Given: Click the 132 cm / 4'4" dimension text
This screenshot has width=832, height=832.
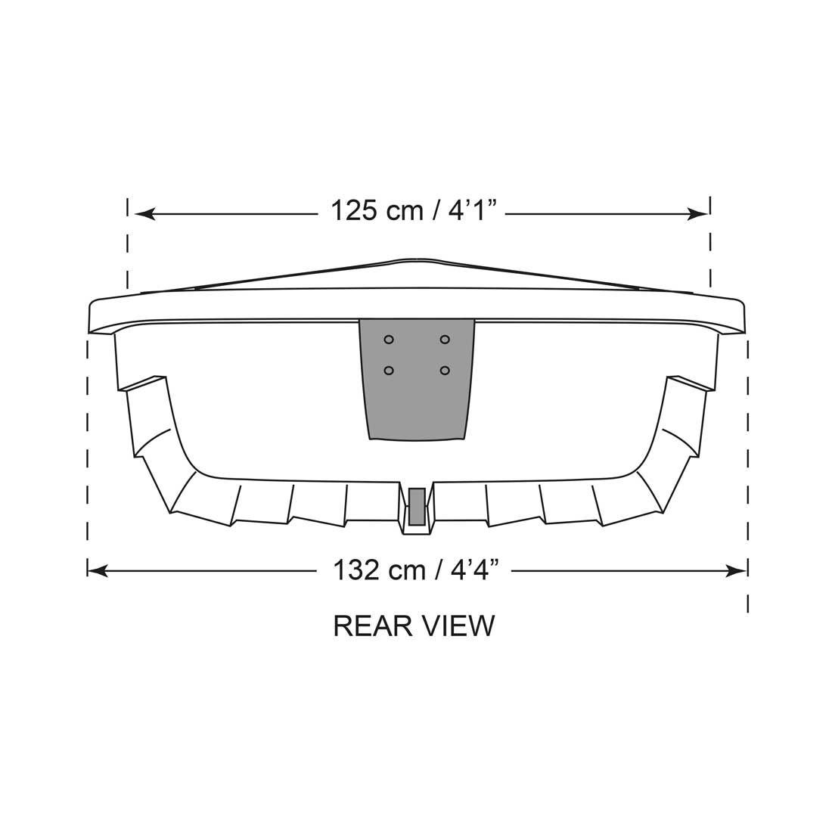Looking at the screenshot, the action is click(416, 570).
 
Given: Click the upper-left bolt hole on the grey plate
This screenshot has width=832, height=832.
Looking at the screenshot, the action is click(389, 340).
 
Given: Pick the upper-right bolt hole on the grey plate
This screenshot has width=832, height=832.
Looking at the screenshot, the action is click(445, 340).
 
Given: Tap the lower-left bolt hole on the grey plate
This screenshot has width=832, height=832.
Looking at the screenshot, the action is click(389, 371).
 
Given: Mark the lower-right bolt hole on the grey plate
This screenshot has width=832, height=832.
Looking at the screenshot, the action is click(445, 371).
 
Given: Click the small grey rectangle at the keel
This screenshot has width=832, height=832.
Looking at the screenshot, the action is click(417, 507).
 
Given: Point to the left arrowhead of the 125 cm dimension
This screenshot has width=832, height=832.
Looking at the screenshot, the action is click(144, 214).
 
